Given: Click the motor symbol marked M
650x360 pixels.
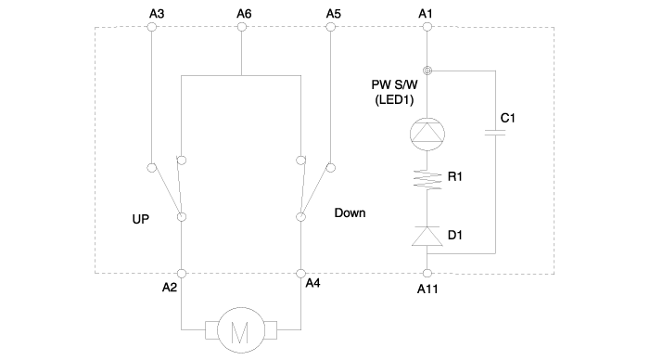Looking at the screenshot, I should [x=240, y=330].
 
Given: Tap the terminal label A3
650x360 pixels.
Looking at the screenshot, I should [x=156, y=14].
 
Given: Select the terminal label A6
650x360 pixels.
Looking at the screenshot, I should [x=243, y=14].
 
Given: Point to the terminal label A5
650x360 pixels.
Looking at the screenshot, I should [x=334, y=14].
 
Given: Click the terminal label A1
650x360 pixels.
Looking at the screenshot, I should [x=426, y=14].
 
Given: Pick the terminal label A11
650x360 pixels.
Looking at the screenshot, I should [x=428, y=289].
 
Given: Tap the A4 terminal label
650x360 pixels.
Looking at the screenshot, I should [x=313, y=283].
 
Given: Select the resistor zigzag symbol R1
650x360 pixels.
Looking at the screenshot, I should [x=427, y=179].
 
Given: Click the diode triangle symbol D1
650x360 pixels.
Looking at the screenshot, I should [x=427, y=237].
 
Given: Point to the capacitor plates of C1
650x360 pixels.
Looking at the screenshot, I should [x=495, y=134].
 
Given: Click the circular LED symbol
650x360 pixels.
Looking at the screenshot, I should [x=427, y=134].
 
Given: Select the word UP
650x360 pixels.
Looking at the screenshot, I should [x=141, y=219].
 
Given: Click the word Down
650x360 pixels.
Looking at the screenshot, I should [x=350, y=212].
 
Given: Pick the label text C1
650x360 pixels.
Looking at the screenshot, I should [x=507, y=118].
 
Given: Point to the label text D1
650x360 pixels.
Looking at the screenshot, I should [x=455, y=236].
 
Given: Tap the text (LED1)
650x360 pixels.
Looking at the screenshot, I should [x=393, y=100].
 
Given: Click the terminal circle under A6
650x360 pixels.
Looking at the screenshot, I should [x=241, y=28].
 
